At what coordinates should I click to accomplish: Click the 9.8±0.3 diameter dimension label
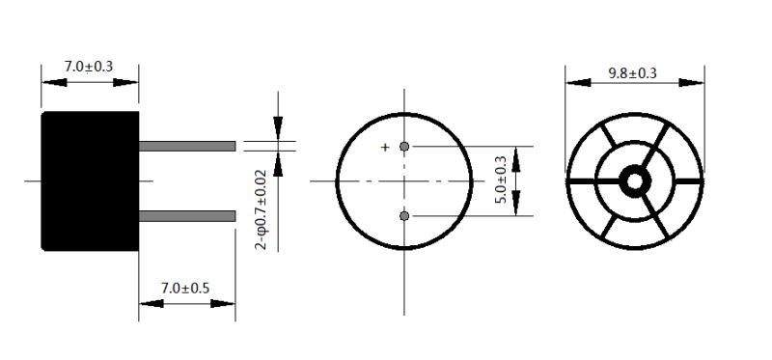tap(633, 73)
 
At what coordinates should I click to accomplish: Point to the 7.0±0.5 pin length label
tap(185, 288)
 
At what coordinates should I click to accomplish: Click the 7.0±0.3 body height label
tap(89, 67)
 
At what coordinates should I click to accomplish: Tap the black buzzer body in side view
tap(90, 180)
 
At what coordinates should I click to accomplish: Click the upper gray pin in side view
tap(187, 146)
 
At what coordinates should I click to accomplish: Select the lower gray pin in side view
tap(187, 215)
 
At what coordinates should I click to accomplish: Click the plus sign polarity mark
tap(385, 148)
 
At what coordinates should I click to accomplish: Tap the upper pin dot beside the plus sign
tap(404, 147)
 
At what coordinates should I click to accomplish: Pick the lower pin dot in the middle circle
tap(404, 215)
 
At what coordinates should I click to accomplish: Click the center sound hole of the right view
tap(635, 180)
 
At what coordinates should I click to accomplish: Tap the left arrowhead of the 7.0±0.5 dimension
tap(151, 303)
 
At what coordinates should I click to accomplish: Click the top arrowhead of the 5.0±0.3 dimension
tap(517, 154)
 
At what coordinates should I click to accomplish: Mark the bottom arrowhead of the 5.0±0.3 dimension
tap(517, 208)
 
